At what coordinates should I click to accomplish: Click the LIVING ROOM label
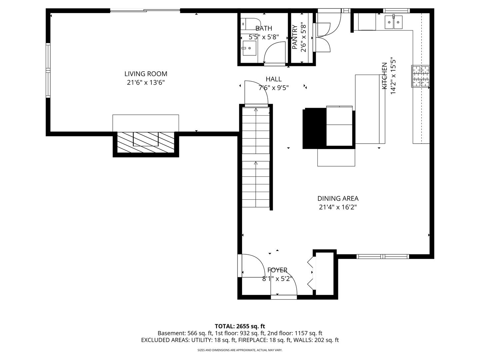pyautogui.click(x=146, y=74)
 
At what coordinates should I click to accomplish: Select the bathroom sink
pyautogui.click(x=249, y=48)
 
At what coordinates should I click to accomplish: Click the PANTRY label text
pyautogui.click(x=295, y=37)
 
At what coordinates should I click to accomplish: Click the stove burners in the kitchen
pyautogui.click(x=420, y=76)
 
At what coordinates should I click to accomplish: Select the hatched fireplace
pyautogui.click(x=146, y=142)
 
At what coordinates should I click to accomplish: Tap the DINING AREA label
pyautogui.click(x=338, y=198)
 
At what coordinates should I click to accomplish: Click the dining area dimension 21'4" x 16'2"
pyautogui.click(x=338, y=207)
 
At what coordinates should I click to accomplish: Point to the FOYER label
pyautogui.click(x=277, y=270)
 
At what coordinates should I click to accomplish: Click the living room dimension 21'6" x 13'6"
pyautogui.click(x=146, y=83)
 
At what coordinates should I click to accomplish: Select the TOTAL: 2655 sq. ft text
pyautogui.click(x=240, y=326)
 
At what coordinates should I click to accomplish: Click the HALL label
pyautogui.click(x=274, y=79)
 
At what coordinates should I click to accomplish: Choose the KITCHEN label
pyautogui.click(x=384, y=76)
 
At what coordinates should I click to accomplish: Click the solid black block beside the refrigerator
pyautogui.click(x=314, y=128)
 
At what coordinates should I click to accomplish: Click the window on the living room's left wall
pyautogui.click(x=48, y=70)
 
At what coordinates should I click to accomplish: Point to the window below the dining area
pyautogui.click(x=383, y=256)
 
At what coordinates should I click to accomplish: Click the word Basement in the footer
pyautogui.click(x=172, y=333)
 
